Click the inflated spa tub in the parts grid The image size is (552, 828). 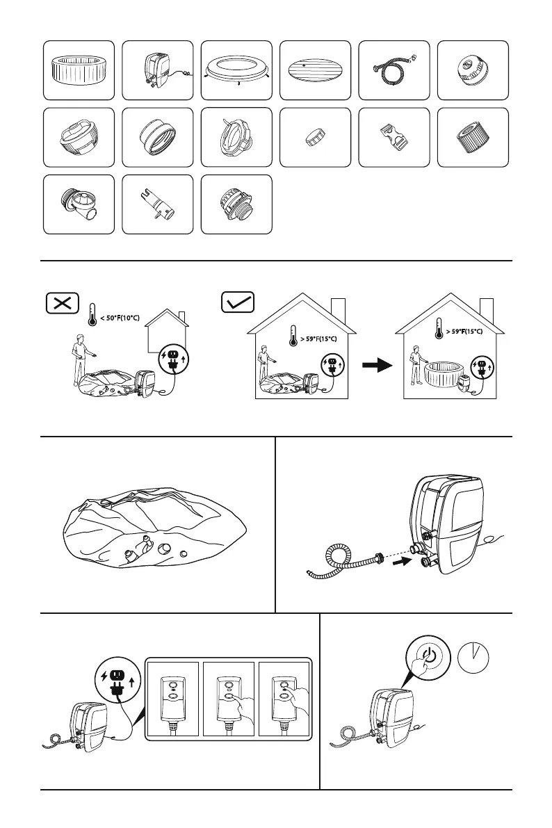tap(78, 69)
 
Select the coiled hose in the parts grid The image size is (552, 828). tap(393, 70)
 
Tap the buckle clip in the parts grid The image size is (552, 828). tap(393, 138)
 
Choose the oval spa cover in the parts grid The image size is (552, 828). tap(314, 70)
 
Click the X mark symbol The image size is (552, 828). tap(63, 302)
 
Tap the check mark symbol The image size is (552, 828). tap(238, 302)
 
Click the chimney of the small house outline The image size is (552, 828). tap(182, 318)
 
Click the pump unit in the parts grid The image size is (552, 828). tap(156, 70)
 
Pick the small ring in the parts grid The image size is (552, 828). tap(314, 137)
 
